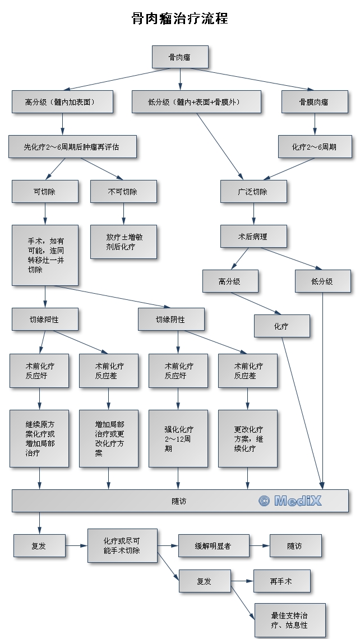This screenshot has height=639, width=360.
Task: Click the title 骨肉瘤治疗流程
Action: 179,18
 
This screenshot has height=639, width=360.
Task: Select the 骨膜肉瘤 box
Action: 314,102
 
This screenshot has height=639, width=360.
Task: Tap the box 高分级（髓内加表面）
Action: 62,102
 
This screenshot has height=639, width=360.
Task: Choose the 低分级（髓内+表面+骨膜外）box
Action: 197,102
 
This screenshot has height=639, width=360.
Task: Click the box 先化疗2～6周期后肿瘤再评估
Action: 72,147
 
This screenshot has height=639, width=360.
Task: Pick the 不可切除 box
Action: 123,192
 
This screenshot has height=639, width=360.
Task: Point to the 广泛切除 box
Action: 253,192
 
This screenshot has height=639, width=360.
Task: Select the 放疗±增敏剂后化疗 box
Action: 123,242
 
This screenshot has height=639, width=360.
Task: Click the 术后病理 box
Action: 253,237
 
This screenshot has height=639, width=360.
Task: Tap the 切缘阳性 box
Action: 45,319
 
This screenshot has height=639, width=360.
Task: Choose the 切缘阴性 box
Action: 171,319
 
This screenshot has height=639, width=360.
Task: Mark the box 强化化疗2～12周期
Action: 178,439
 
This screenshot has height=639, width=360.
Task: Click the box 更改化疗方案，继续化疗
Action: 247,439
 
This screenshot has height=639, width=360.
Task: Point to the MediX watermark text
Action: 290,501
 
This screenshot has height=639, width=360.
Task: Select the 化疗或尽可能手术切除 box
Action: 122,545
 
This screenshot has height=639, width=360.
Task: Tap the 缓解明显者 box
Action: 214,546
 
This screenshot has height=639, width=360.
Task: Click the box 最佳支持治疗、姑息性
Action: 289,620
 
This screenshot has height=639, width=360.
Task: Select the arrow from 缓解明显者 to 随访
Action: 259,546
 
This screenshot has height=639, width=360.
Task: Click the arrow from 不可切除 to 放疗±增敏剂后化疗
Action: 123,214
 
